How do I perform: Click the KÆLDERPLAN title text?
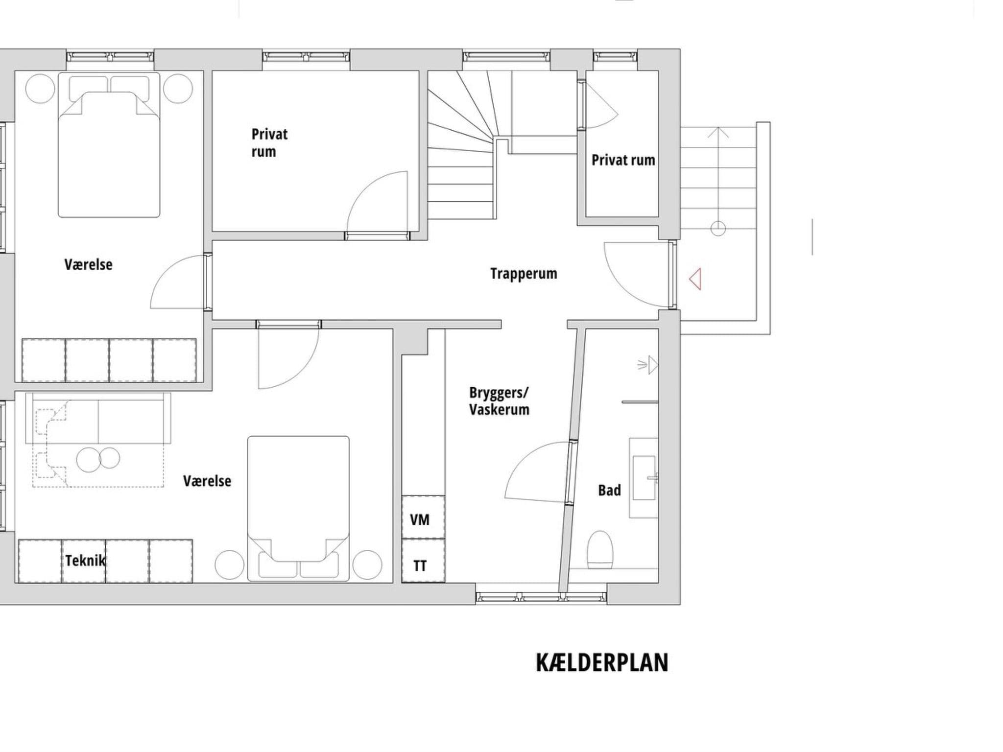coord(602,662)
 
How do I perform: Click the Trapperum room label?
coord(524,274)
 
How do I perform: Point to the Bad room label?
coord(609,490)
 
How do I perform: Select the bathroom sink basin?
coord(644,478)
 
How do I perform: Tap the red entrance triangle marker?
coord(695,279)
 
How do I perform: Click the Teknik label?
coord(85,560)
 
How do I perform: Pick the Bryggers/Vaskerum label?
coord(499,401)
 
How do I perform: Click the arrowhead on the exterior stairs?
coord(718,132)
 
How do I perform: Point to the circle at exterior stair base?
coord(718,228)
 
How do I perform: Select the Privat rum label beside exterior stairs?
coord(623,160)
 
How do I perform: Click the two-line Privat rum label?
coord(269,142)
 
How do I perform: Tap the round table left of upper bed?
coord(39,88)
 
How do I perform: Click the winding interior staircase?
coord(460,147)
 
